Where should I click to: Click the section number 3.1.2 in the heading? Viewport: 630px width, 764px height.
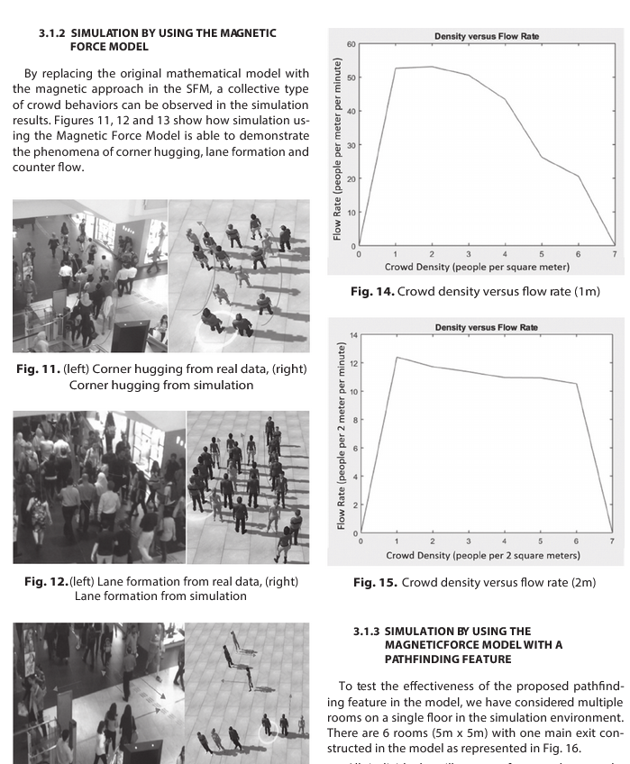click(53, 32)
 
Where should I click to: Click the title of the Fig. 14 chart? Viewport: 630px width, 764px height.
click(486, 35)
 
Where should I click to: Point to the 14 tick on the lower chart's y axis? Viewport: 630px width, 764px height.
click(352, 335)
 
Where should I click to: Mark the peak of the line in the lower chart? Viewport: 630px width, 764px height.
click(397, 357)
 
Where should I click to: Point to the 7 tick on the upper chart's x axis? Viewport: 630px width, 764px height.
click(613, 254)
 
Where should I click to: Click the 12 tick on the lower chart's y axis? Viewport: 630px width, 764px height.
click(352, 363)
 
